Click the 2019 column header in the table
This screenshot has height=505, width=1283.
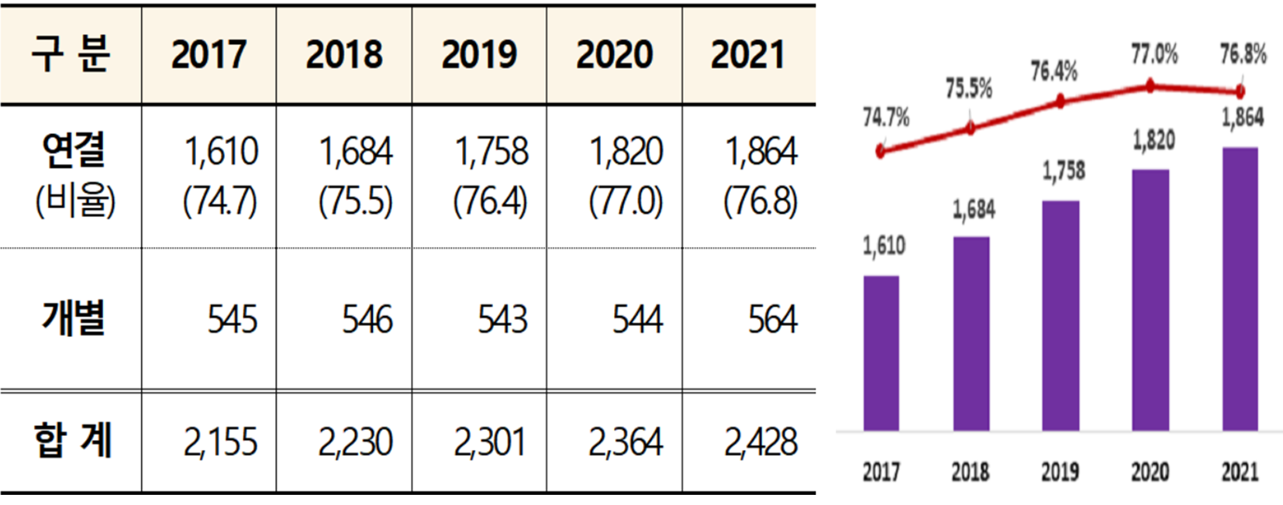(x=479, y=55)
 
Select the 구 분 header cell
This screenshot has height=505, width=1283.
(x=71, y=55)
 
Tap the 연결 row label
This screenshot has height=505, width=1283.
(x=74, y=150)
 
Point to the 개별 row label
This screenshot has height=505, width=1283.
(x=74, y=319)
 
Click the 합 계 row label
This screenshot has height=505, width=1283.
(x=73, y=441)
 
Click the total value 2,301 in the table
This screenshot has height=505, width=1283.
(x=490, y=442)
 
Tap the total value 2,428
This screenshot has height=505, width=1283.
(x=760, y=442)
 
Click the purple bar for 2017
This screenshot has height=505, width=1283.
(x=881, y=352)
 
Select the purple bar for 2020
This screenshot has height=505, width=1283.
(x=1150, y=300)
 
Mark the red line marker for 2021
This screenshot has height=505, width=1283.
(x=1240, y=91)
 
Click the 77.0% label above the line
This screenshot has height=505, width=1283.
(x=1154, y=54)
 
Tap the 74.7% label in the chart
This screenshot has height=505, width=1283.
(x=885, y=118)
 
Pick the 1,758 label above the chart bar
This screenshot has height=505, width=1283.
(x=1063, y=171)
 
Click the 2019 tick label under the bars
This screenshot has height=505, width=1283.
(x=1060, y=472)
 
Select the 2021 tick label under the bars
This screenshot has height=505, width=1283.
(x=1240, y=472)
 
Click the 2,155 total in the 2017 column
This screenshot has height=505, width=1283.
(x=220, y=442)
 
